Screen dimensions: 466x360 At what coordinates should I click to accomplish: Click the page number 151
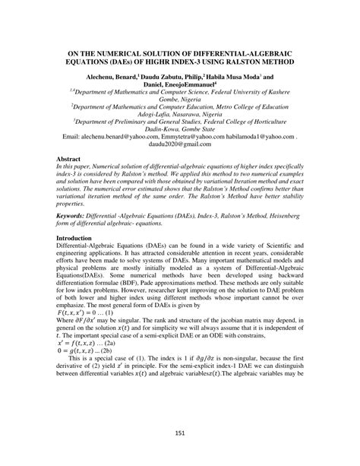tap(179, 433)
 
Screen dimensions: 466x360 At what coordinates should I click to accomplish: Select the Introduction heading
tap(79, 238)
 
